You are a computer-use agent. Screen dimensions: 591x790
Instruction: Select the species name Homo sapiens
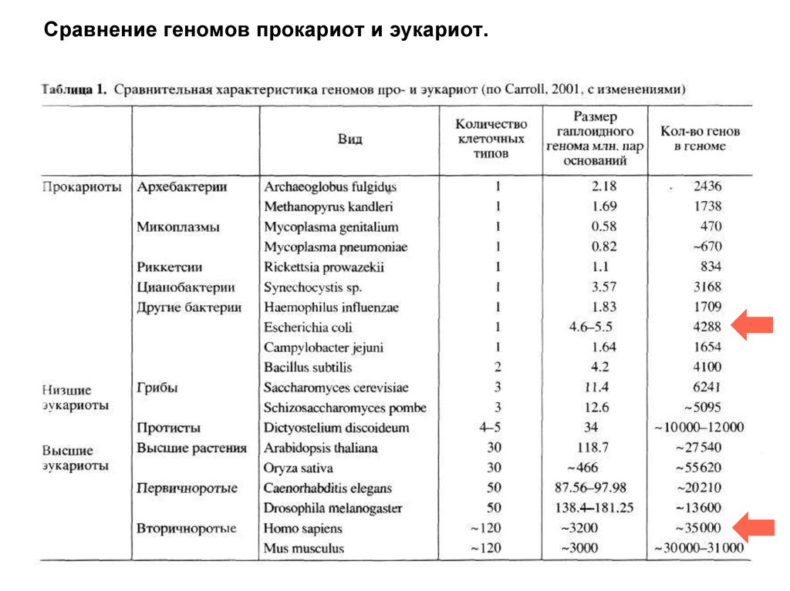pos(302,529)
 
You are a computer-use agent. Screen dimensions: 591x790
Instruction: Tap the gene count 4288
pos(707,327)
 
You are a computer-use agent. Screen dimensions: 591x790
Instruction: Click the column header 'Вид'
pos(349,139)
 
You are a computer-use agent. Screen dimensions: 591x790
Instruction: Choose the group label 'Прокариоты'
pos(81,186)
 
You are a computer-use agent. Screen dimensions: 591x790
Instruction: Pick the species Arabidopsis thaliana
pos(320,448)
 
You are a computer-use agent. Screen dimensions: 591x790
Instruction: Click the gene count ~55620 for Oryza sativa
pos(698,468)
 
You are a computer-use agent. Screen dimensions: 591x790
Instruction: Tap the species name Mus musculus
pos(303,549)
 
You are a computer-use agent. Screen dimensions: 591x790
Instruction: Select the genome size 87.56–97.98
pos(590,488)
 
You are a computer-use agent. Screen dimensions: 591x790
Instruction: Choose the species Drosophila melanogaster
pos(333,509)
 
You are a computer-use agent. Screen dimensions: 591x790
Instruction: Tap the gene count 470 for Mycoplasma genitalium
pos(711,227)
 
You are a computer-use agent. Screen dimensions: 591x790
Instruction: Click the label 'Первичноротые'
pos(187,488)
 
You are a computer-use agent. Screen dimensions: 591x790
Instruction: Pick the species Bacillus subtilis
pos(308,368)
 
